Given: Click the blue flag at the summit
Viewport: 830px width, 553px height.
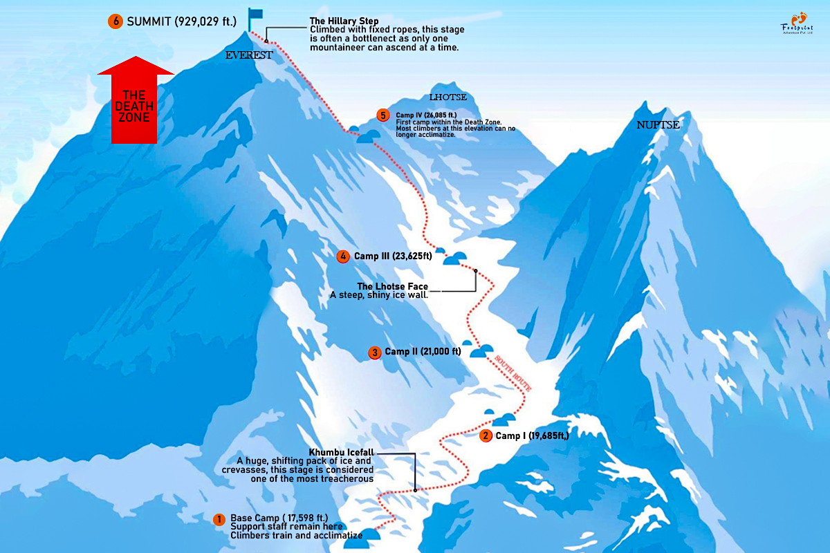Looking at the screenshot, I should point(255,15).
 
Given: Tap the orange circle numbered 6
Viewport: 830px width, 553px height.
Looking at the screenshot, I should point(115,21).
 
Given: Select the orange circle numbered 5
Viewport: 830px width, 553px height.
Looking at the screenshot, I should point(382,115).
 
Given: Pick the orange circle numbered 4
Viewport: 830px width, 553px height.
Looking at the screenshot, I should point(342,256).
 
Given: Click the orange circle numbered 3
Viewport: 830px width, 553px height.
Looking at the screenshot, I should point(374,353).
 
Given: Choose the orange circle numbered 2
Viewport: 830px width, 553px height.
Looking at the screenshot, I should point(486,435).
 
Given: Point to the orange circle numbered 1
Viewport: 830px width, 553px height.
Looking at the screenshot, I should point(219,519).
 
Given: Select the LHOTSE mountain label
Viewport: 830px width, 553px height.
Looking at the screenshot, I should point(448,97).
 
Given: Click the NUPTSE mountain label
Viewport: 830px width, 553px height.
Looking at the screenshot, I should point(658,125).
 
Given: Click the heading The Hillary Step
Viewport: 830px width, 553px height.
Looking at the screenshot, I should point(344,21).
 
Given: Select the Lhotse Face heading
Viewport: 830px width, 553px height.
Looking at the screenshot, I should point(392,286).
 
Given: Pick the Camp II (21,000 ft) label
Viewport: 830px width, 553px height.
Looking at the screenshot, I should point(423,352).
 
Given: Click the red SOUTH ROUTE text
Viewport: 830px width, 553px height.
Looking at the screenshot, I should point(513,375).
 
